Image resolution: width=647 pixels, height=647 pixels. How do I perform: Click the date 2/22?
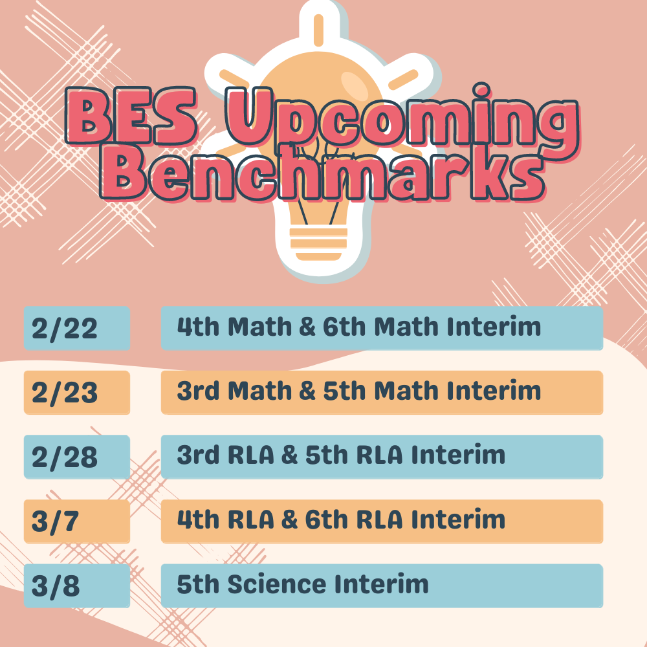pos(64,329)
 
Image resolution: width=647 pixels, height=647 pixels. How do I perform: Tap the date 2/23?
pos(64,393)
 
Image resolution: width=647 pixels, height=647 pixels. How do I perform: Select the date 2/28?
pos(64,457)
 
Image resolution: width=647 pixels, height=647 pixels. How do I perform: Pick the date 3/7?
pos(55,521)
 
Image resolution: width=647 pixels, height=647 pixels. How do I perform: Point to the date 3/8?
pos(55,586)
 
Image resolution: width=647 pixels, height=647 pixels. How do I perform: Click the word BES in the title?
pos(131,116)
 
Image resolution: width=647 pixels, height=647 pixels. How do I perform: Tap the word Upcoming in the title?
pos(402,120)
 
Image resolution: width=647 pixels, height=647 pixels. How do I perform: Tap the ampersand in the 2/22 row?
pos(307,327)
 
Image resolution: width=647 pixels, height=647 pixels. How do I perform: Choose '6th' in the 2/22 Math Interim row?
pos(344,326)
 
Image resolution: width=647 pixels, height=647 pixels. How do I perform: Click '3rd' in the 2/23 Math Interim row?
pos(198,390)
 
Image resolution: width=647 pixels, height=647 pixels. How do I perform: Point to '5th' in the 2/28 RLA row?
pos(326,455)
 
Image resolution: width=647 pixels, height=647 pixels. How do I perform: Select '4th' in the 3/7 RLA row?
pos(198,519)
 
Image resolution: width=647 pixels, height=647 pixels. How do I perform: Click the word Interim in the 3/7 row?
pos(459,519)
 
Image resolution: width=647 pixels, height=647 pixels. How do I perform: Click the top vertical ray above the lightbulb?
pos(318,30)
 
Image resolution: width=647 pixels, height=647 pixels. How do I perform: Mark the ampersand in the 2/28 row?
pos(290,455)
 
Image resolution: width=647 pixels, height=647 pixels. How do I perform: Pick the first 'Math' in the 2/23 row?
pos(260,390)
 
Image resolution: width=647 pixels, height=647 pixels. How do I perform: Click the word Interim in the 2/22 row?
pos(494,326)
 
